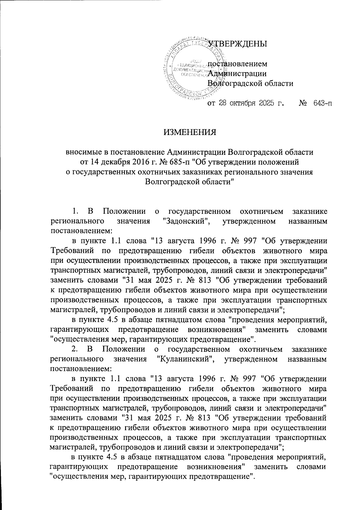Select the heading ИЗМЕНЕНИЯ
click(x=190, y=132)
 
